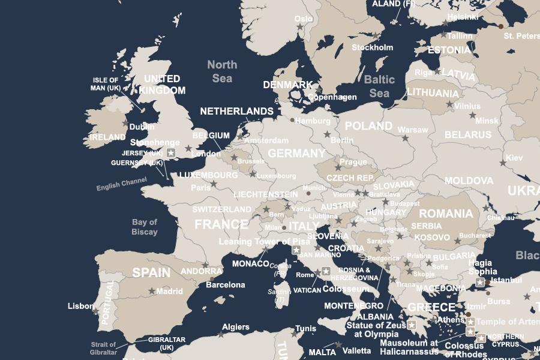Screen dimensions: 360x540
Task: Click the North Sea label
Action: tap(222, 71)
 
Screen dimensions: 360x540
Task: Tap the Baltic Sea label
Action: tap(379, 86)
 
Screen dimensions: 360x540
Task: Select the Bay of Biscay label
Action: tap(145, 227)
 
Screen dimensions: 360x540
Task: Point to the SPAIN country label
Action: tap(151, 272)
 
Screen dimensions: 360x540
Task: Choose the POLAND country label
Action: tap(368, 126)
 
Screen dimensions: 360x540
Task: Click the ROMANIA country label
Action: tap(446, 214)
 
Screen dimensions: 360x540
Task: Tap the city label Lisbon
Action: tap(81, 306)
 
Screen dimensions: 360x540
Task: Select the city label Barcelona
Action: tap(226, 284)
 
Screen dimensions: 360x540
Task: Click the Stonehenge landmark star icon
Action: tap(171, 154)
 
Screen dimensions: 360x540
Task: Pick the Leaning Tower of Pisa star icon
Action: tap(296, 250)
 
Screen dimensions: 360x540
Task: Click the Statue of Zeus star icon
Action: tap(412, 325)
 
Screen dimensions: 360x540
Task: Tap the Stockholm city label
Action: tap(372, 47)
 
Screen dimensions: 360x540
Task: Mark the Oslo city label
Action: tap(304, 19)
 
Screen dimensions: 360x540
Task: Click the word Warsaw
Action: tap(413, 130)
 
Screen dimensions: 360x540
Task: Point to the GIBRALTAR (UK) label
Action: tap(167, 343)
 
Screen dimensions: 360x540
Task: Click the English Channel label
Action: tap(122, 184)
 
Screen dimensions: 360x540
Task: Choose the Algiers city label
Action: tap(236, 327)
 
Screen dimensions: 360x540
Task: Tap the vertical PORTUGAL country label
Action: tap(108, 303)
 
